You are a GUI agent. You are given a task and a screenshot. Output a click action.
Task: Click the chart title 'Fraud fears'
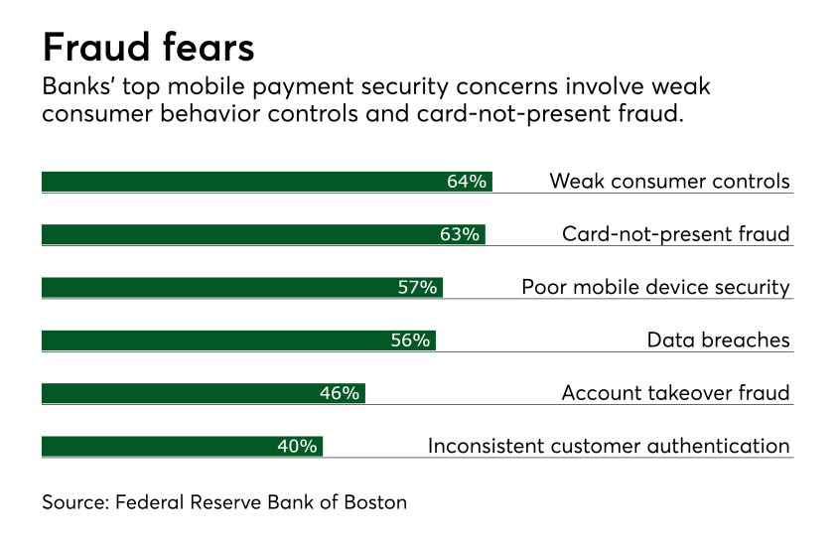[148, 47]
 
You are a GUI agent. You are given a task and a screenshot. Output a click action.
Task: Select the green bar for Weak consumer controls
[238, 182]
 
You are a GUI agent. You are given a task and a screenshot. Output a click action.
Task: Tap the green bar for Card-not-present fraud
[238, 234]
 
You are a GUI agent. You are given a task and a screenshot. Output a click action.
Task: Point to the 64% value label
[467, 182]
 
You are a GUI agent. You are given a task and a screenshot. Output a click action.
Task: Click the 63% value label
[460, 234]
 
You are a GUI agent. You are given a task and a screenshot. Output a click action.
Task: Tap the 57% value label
[417, 288]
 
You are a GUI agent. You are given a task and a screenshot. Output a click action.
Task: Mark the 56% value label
[410, 341]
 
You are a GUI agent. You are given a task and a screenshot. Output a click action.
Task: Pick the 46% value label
[339, 393]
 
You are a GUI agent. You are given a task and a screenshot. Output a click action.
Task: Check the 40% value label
[297, 447]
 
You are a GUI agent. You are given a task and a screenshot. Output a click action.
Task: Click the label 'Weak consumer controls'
[669, 182]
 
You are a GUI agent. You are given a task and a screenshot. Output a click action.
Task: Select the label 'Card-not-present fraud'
[675, 234]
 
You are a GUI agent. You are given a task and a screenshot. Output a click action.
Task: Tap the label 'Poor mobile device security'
[655, 288]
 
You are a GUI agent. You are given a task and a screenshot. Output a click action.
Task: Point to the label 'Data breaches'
[718, 341]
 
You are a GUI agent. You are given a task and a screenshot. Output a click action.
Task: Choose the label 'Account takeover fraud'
[675, 393]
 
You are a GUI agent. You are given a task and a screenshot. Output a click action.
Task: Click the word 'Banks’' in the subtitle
[74, 88]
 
